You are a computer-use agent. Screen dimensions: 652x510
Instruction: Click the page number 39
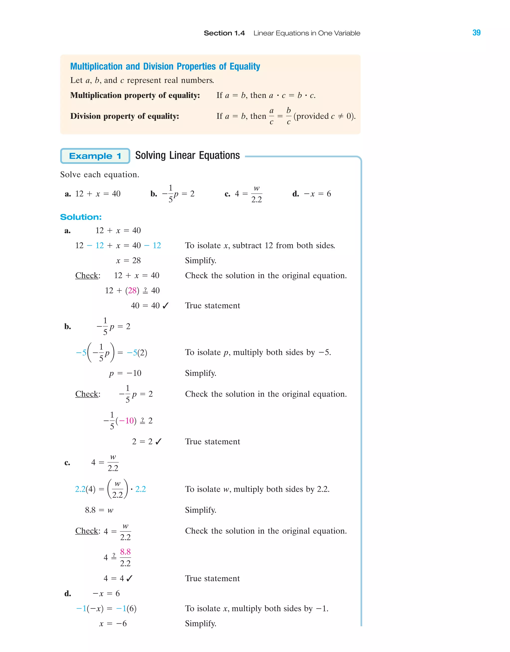(476, 33)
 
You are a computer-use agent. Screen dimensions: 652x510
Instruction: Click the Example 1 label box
(95, 156)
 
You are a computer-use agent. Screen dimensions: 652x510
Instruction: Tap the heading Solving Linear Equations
(187, 156)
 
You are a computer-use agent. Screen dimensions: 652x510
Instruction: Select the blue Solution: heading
(81, 217)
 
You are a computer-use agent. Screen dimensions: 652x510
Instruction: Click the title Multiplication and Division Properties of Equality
(165, 66)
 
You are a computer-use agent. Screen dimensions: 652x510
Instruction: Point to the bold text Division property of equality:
(125, 116)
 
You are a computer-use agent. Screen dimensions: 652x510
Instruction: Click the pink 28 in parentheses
(132, 290)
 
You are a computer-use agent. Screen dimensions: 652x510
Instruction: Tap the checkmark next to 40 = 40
(166, 305)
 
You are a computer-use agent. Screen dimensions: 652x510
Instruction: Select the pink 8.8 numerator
(126, 552)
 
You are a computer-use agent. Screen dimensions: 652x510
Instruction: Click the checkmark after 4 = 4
(129, 579)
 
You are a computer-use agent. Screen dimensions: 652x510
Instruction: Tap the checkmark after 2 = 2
(159, 442)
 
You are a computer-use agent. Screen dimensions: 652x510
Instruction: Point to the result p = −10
(125, 373)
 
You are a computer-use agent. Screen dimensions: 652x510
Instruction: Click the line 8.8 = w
(99, 510)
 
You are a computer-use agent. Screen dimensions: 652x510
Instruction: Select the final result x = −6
(113, 623)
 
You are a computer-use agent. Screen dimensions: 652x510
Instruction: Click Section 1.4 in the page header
(224, 33)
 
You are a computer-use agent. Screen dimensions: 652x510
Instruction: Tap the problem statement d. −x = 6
(312, 194)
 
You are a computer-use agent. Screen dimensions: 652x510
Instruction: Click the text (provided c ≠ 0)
(324, 116)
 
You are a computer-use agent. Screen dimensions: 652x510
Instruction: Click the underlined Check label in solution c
(87, 531)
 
